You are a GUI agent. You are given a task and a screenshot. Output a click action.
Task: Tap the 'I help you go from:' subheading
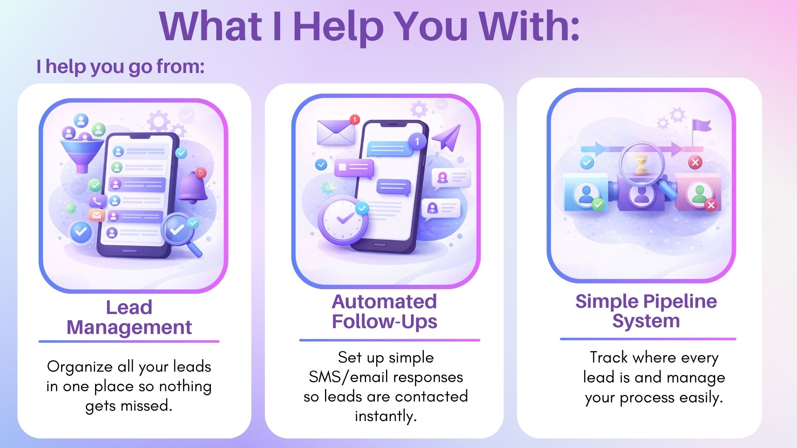[120, 66]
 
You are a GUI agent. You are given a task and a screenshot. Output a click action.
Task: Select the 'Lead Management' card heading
[129, 317]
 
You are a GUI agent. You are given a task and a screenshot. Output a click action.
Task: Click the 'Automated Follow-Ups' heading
[384, 312]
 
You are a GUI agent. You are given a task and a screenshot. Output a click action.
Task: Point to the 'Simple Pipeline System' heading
[646, 311]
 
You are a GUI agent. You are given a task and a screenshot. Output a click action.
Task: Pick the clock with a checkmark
[343, 220]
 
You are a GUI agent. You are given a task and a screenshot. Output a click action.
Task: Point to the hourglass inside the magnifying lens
[641, 165]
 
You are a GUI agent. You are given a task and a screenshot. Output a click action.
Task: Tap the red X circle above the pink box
[695, 163]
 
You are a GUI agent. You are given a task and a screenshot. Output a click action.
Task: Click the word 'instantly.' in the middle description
[386, 416]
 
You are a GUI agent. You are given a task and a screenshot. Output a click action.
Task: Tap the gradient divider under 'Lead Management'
[129, 341]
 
